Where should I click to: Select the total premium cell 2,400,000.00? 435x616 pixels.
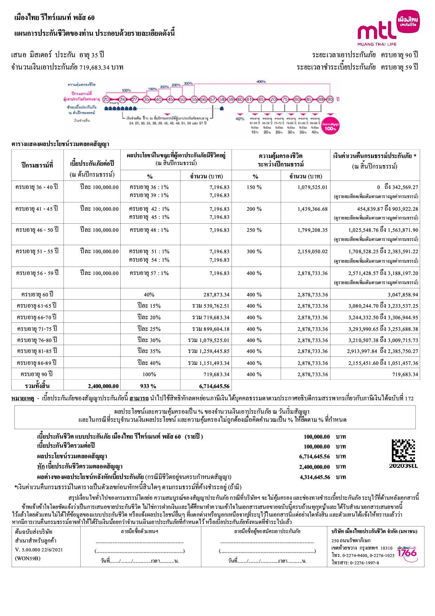pos(103,386)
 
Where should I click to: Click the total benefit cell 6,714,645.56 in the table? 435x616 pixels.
pos(214,386)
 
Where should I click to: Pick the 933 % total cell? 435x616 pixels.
pos(148,386)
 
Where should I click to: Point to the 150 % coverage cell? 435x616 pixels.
pos(254,187)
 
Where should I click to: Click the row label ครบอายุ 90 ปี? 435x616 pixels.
pos(37,374)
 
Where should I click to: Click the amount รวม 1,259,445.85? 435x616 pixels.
pos(208,351)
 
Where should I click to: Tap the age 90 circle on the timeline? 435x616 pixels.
pos(330,99)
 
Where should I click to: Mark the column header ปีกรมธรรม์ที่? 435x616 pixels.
pos(37,165)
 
